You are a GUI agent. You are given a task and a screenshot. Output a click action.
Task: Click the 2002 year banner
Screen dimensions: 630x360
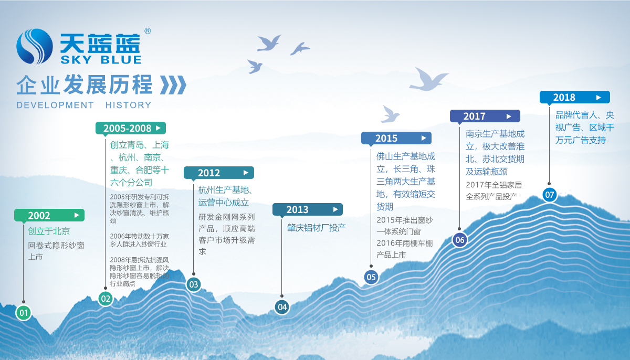[49, 215]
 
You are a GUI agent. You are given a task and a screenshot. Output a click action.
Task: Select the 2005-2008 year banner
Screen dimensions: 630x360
[131, 128]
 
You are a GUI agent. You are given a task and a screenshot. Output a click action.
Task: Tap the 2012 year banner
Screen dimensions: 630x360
[219, 173]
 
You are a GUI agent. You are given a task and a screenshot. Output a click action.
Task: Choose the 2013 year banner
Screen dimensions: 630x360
[308, 209]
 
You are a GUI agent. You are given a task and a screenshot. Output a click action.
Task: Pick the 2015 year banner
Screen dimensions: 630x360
[396, 138]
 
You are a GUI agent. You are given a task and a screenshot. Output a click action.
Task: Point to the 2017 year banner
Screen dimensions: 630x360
[485, 116]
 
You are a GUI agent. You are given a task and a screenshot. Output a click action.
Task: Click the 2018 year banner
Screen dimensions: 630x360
[575, 97]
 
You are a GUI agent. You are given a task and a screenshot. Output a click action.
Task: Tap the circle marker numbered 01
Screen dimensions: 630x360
[24, 313]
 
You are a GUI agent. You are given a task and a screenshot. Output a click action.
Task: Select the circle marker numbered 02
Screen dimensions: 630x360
[106, 299]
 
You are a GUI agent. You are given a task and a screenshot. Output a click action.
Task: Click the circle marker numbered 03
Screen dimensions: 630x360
[194, 284]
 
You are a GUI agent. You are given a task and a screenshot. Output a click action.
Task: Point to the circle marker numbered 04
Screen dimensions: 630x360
[282, 307]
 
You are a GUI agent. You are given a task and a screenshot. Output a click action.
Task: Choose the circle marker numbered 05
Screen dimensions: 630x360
[371, 277]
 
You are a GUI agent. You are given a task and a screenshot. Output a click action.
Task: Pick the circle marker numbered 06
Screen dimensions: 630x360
[460, 240]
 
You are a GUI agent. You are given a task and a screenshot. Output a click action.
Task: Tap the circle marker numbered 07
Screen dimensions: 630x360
[550, 195]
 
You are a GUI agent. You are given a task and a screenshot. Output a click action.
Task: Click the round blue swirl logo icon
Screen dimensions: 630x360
[34, 46]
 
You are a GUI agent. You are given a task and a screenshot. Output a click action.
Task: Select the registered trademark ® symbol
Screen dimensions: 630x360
[148, 31]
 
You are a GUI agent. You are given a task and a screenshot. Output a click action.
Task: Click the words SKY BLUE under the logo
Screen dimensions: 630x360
[101, 60]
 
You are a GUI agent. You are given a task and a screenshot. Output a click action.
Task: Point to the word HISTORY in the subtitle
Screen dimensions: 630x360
[129, 105]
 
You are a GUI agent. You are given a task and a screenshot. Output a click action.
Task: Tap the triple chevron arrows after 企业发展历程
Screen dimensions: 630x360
[173, 84]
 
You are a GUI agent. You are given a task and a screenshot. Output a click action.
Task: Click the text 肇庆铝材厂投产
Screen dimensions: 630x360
[317, 228]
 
